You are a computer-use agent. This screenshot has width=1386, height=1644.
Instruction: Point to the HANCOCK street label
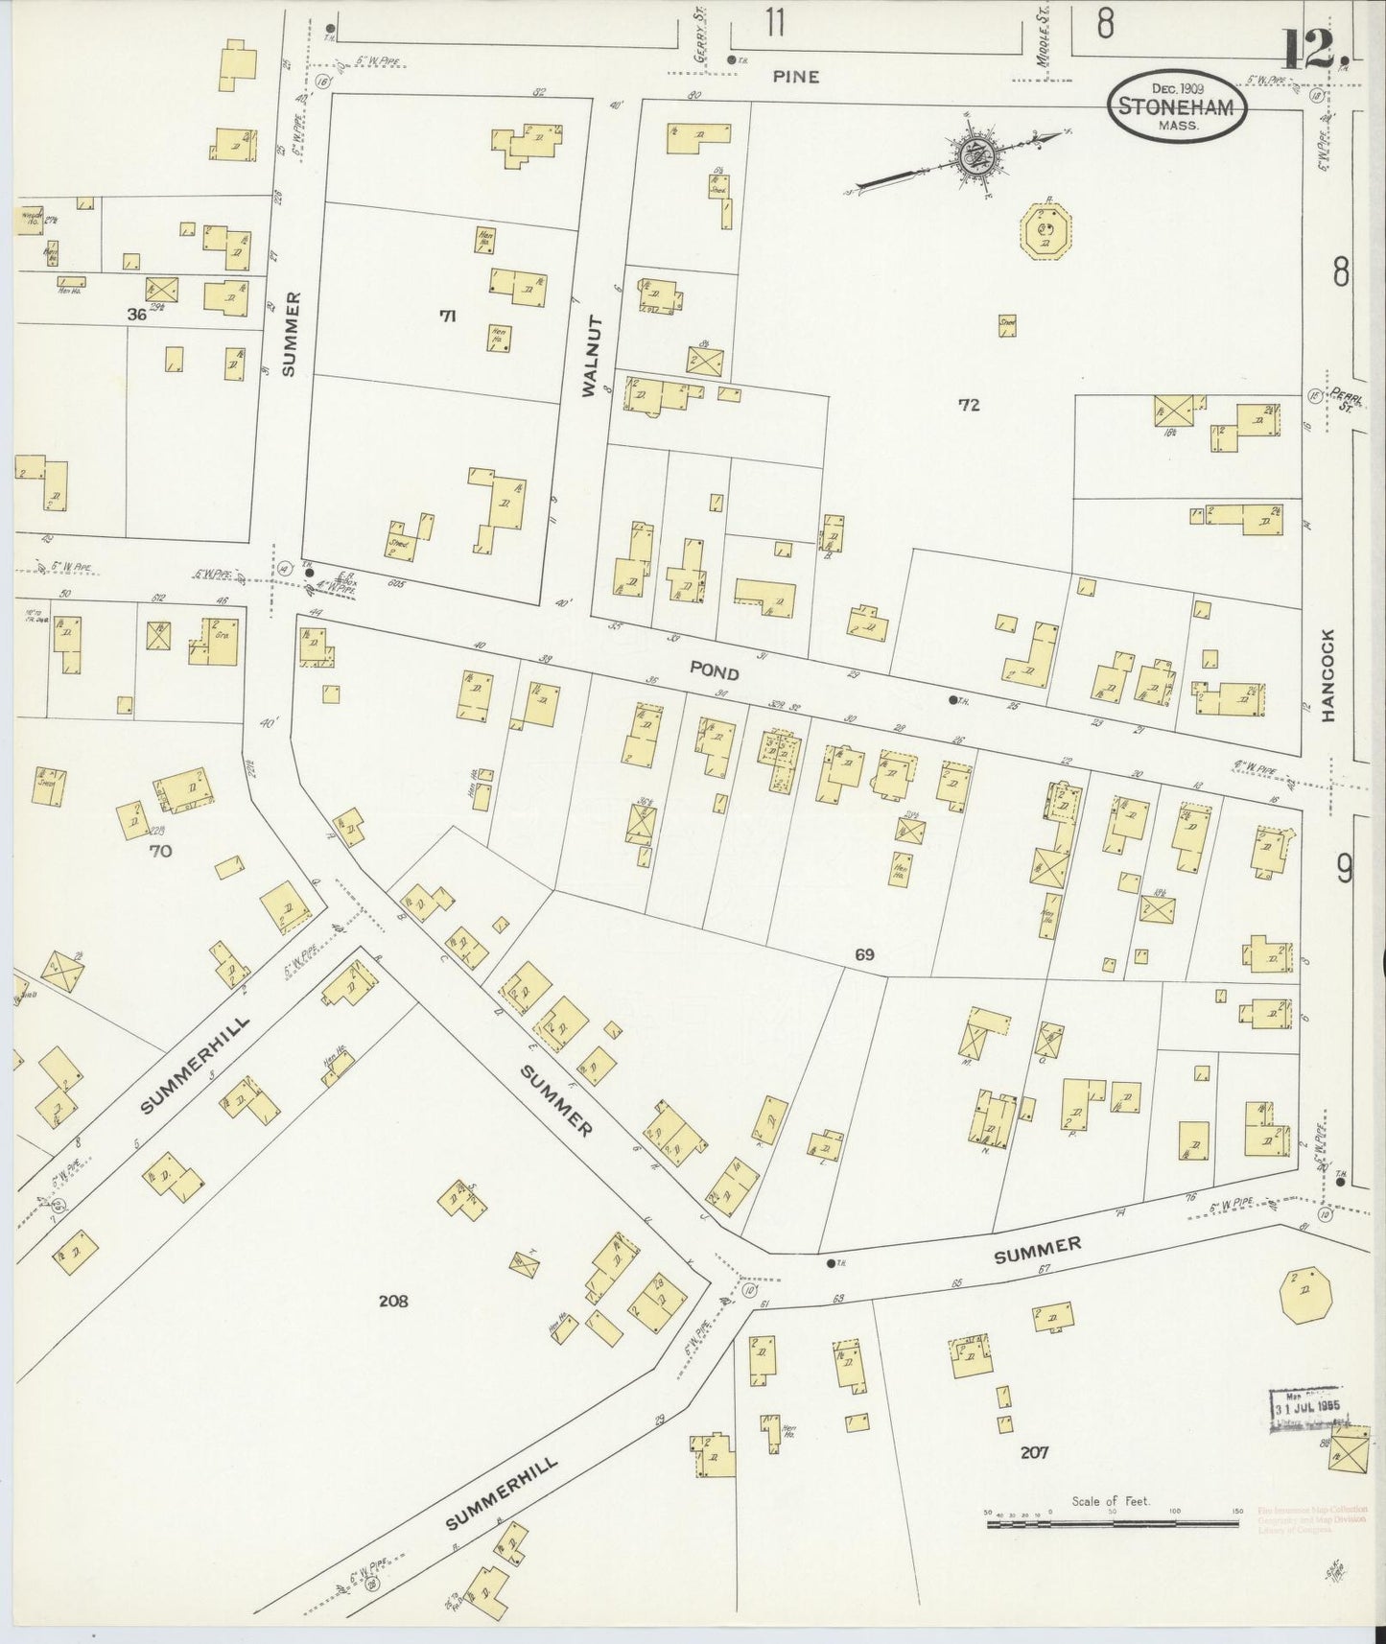tap(1328, 675)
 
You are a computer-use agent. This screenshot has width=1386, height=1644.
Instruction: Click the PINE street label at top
tap(796, 76)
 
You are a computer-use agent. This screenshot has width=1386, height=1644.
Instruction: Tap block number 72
tap(969, 405)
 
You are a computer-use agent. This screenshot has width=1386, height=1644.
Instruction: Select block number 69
tap(864, 954)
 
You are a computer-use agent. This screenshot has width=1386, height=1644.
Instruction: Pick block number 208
tap(393, 1301)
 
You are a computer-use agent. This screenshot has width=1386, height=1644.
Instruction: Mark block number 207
tap(1034, 1452)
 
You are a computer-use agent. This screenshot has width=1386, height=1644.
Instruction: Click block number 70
tap(160, 849)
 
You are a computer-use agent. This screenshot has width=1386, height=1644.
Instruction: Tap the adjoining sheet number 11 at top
tap(775, 23)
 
